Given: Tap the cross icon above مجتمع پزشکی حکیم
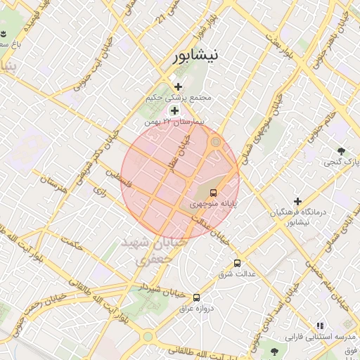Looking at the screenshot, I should click(178, 86).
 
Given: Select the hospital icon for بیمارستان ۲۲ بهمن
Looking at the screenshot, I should click(174, 111).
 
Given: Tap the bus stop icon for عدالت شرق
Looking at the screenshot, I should click(237, 264).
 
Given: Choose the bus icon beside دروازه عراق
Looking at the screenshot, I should click(196, 297).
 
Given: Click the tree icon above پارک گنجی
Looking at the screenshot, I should click(342, 151).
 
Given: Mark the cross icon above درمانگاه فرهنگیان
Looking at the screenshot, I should click(298, 202).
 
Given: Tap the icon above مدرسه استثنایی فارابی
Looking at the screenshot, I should click(321, 326).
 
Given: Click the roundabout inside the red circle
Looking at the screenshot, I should click(216, 143).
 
